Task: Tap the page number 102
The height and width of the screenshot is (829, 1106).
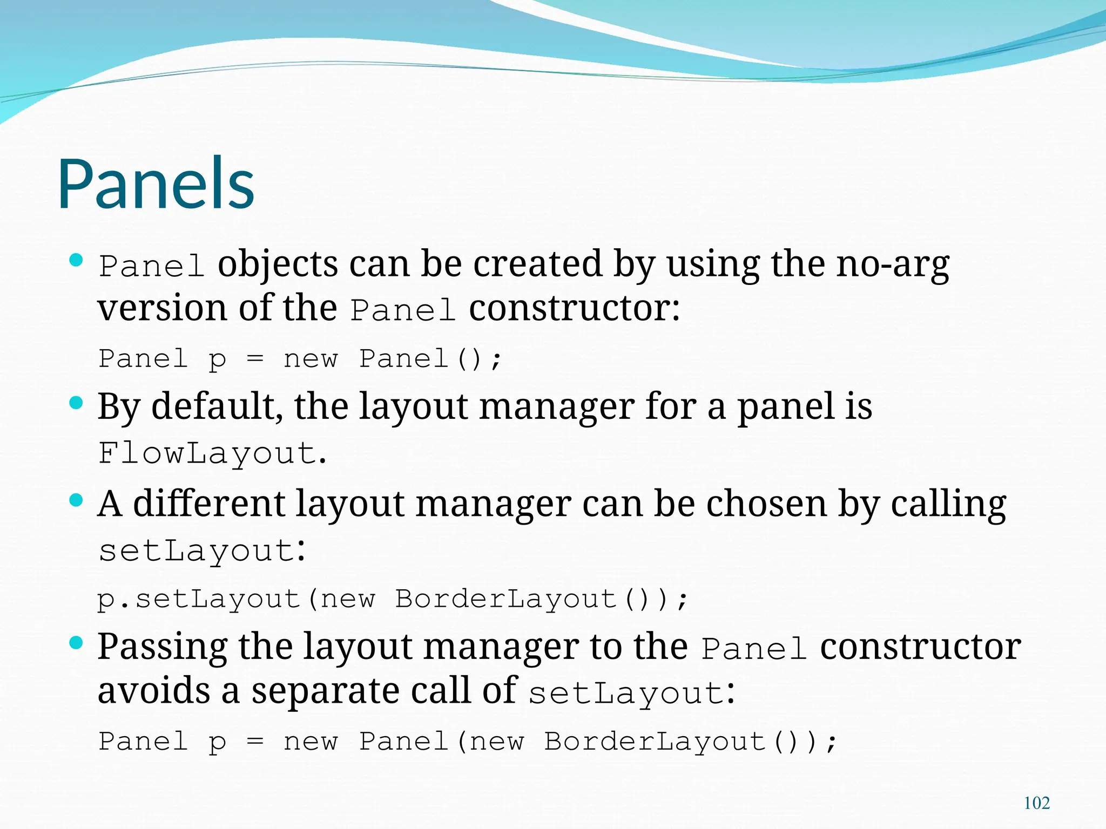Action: (1036, 803)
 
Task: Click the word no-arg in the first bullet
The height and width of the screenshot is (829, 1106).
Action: (893, 264)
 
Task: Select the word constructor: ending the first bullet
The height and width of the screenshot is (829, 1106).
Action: (575, 309)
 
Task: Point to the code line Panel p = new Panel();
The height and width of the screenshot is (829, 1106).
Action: (300, 359)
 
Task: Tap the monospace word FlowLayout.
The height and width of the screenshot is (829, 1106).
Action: (207, 453)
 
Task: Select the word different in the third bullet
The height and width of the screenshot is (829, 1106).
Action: (208, 504)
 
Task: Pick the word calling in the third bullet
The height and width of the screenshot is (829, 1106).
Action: (948, 504)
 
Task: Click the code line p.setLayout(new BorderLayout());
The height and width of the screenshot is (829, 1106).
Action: (393, 599)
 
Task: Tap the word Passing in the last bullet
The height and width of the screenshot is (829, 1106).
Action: (162, 647)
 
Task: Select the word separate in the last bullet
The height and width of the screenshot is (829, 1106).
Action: (325, 691)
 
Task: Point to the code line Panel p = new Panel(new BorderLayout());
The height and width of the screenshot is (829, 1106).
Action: (467, 742)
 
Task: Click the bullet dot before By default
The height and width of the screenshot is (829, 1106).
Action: (77, 403)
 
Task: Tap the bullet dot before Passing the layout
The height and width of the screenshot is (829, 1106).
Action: (77, 642)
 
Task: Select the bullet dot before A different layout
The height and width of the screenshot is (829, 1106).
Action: (77, 500)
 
